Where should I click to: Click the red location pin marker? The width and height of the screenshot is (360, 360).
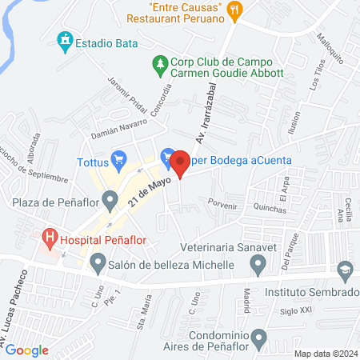(180, 163)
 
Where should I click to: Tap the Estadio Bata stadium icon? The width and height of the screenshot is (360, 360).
(65, 40)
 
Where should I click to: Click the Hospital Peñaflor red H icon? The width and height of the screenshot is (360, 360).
(51, 238)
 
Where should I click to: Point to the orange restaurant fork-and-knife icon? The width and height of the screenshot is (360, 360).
(234, 10)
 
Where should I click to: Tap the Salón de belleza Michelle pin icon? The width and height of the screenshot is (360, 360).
(98, 262)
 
